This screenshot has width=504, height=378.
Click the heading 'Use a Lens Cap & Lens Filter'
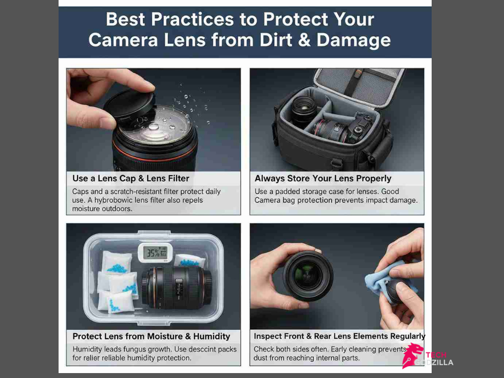point(130,178)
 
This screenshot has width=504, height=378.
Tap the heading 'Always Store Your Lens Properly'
point(323,178)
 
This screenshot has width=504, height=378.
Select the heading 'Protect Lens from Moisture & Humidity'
point(151,336)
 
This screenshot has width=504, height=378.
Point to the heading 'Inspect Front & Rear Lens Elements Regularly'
point(339,336)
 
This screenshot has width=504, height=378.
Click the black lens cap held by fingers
point(129,104)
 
